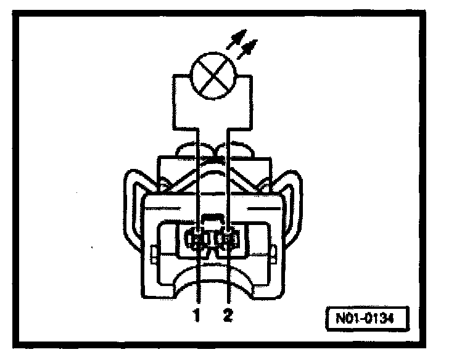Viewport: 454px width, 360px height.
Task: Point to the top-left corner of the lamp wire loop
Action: coord(174,75)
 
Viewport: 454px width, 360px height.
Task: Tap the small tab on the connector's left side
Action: coord(152,253)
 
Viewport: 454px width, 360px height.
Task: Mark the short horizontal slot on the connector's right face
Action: coord(262,208)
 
